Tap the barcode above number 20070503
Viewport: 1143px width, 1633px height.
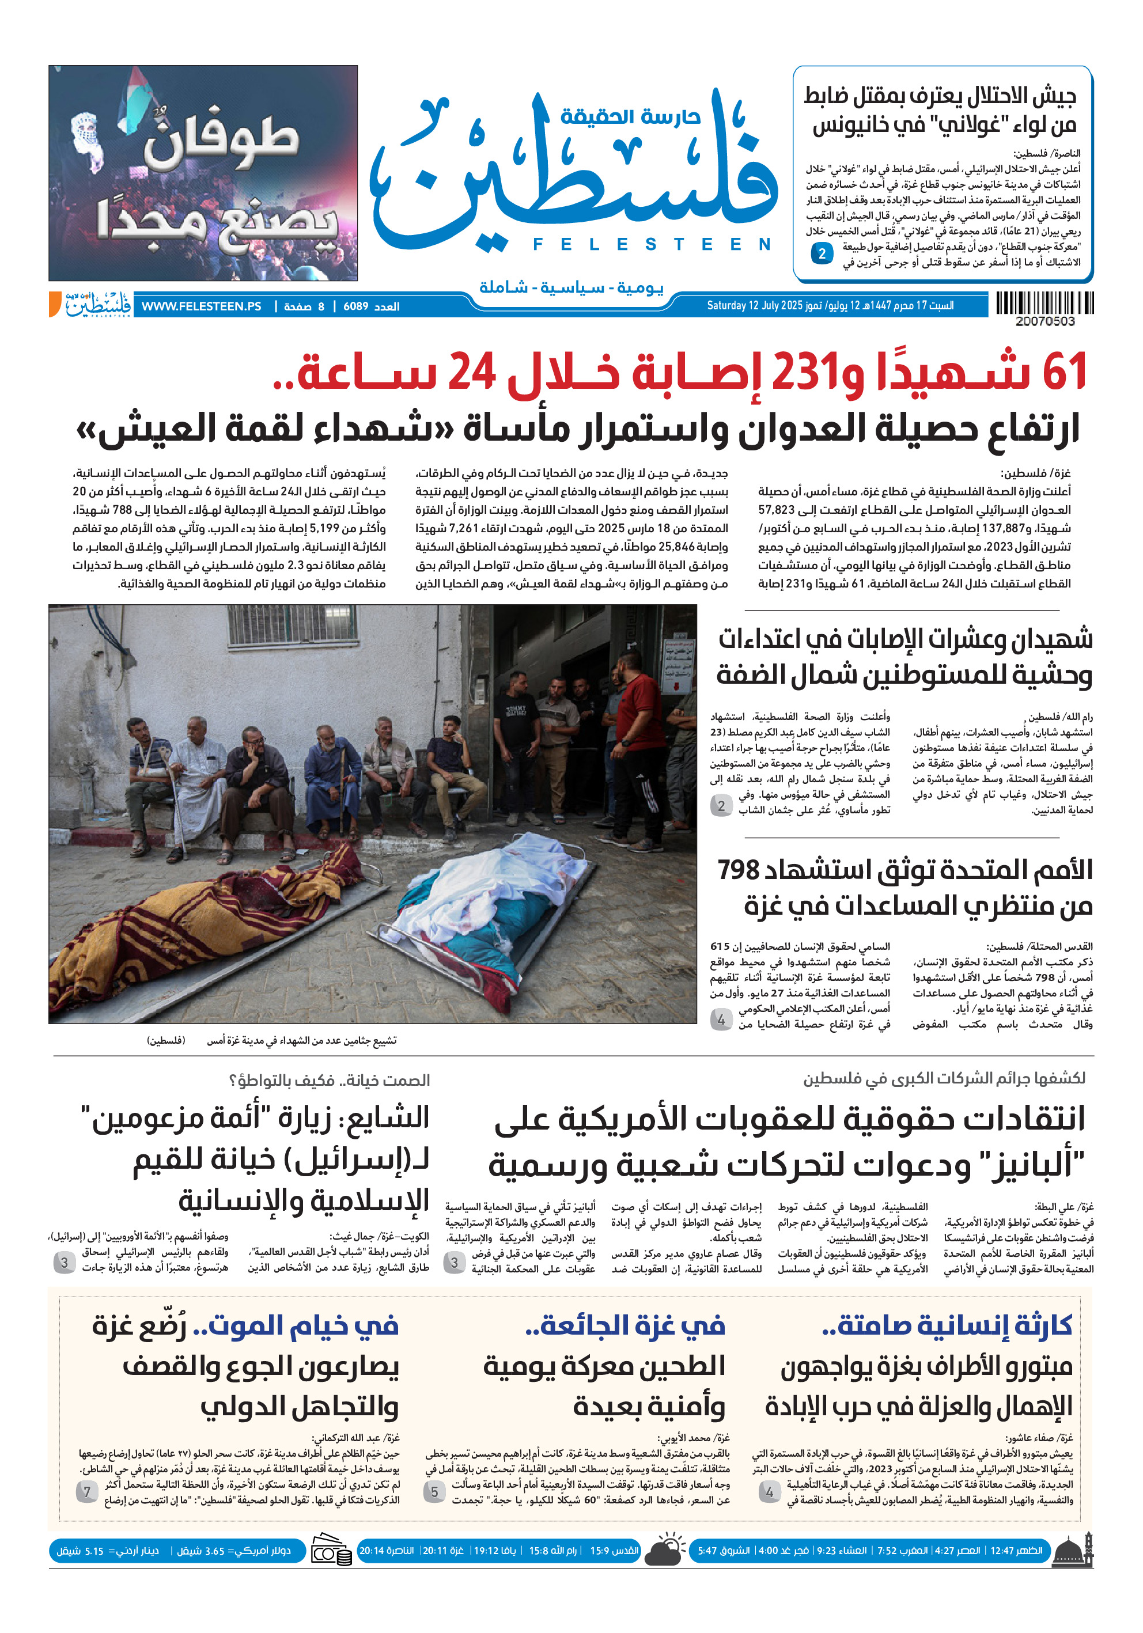click(1044, 303)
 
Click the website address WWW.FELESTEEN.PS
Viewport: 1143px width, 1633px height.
click(201, 306)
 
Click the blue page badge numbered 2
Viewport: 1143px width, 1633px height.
click(822, 253)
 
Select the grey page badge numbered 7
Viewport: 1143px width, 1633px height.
click(87, 1491)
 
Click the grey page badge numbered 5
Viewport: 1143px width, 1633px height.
click(434, 1491)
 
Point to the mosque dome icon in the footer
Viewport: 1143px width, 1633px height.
click(1071, 1551)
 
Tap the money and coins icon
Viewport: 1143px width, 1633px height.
click(331, 1551)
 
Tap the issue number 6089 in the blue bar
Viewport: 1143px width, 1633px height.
click(355, 306)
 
